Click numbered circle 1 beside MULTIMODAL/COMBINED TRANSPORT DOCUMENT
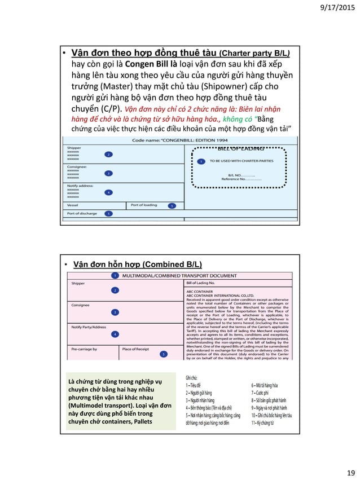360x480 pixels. click(115, 275)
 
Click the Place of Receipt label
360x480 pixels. click(135, 349)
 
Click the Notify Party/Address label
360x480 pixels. click(89, 327)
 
